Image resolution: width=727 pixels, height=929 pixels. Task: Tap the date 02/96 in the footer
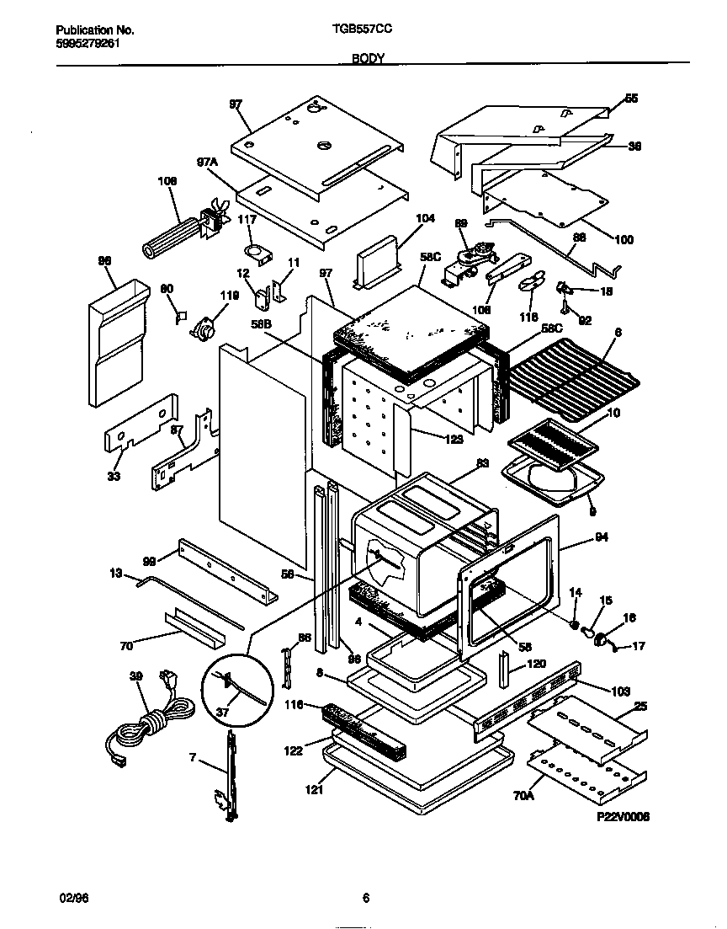tap(75, 899)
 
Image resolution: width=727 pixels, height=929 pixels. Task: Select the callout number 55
tap(631, 99)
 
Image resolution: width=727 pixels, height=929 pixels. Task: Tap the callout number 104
tap(425, 218)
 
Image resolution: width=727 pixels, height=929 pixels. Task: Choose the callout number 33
tap(114, 477)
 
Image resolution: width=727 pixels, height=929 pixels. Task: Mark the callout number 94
tap(601, 537)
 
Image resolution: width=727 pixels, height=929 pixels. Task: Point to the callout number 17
tap(639, 647)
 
